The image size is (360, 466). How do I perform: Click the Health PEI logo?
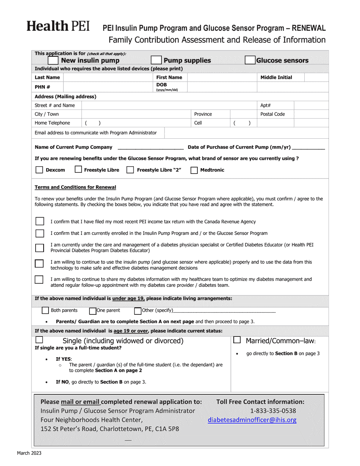coord(58,26)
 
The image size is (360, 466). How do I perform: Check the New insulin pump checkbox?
coord(53,60)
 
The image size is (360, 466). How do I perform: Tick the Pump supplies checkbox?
coord(156,60)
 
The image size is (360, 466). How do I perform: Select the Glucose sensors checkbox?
coord(250,60)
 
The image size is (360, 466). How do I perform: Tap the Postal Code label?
coord(272,114)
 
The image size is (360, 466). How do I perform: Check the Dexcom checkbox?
coord(39,170)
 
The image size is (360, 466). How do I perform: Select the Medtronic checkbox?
coord(194,170)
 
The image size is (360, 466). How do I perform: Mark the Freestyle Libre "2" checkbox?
coord(130,170)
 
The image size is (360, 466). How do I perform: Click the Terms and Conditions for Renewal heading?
coord(75,187)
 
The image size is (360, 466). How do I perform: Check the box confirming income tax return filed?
coord(39,221)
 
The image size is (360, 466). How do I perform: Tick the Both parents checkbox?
coord(45,311)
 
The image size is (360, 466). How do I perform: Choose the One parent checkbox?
coord(92,311)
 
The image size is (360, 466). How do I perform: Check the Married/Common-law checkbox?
coord(237,340)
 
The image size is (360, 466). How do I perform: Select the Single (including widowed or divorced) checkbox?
coord(39,340)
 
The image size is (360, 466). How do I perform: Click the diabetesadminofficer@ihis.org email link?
coord(252,420)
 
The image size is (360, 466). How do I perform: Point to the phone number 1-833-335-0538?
coord(273,411)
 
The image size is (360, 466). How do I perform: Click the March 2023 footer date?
coord(29,453)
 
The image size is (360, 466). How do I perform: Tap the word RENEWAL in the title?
coord(307,28)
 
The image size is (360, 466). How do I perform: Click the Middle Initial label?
coord(276,77)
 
